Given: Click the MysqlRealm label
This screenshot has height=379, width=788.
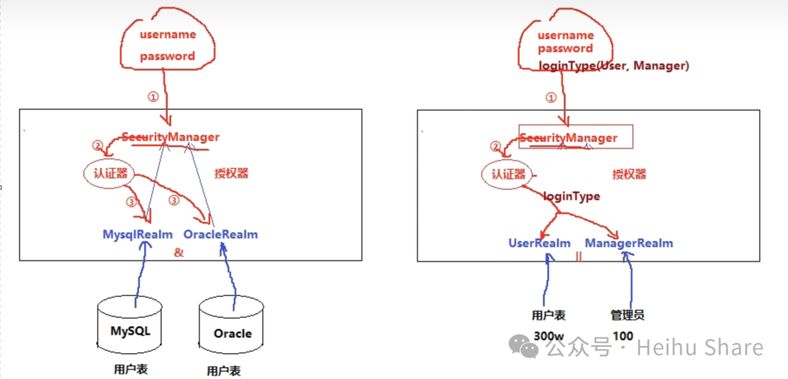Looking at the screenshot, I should pyautogui.click(x=138, y=234).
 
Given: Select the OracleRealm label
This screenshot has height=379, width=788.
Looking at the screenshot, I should pyautogui.click(x=220, y=234).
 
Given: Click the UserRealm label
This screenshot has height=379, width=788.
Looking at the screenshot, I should pyautogui.click(x=539, y=243).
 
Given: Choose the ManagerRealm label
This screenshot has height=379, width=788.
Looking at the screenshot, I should pyautogui.click(x=628, y=243).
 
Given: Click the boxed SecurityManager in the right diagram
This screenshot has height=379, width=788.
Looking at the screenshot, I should pyautogui.click(x=576, y=137).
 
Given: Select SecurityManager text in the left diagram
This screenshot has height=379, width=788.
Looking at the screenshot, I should pyautogui.click(x=170, y=137).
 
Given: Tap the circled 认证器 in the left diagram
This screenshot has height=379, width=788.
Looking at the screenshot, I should pyautogui.click(x=111, y=174).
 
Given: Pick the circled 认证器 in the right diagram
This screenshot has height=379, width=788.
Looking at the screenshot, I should pyautogui.click(x=509, y=175).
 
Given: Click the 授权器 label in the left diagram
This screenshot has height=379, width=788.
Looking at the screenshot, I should pyautogui.click(x=231, y=174).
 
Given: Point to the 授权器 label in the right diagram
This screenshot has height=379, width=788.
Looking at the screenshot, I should pyautogui.click(x=629, y=175).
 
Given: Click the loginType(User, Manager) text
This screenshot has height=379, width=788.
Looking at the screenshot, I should pyautogui.click(x=614, y=66).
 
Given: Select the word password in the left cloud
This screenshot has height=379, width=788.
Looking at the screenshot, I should pyautogui.click(x=168, y=55).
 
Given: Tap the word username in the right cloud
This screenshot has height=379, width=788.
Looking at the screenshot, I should pyautogui.click(x=565, y=35).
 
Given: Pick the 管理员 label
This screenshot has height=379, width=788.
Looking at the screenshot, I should pyautogui.click(x=627, y=315).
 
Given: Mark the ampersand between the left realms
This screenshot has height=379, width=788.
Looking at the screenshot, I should pyautogui.click(x=178, y=253).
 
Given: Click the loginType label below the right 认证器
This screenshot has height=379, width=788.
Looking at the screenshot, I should pyautogui.click(x=571, y=196).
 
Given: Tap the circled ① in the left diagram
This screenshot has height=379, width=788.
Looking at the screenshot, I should pyautogui.click(x=152, y=96).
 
